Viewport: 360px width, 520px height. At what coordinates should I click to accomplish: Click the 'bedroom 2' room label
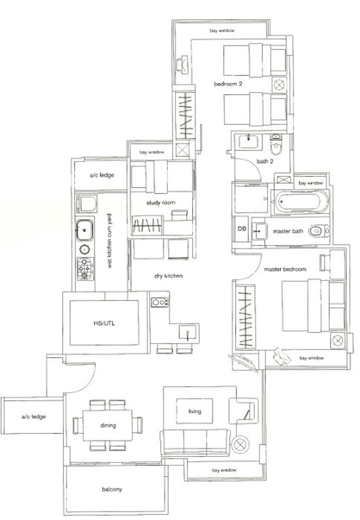click(x=228, y=84)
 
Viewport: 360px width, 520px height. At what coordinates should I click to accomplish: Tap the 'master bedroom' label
click(x=285, y=269)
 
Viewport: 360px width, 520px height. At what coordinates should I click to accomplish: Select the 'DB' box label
click(x=242, y=229)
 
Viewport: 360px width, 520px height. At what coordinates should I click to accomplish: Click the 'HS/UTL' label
click(x=104, y=323)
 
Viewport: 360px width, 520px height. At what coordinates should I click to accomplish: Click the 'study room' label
click(x=161, y=203)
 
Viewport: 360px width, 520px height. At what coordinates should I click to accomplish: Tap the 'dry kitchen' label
click(x=168, y=276)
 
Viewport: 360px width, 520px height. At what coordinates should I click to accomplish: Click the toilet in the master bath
click(x=318, y=231)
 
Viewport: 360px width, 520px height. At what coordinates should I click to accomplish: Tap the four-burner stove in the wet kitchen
click(x=85, y=269)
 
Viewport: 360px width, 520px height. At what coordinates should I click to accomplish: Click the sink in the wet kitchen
click(x=85, y=230)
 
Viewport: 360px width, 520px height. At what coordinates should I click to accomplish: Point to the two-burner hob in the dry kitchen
click(x=160, y=303)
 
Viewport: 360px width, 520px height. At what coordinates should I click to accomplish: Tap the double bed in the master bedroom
click(x=313, y=306)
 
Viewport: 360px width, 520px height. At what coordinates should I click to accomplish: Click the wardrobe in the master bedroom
click(x=246, y=317)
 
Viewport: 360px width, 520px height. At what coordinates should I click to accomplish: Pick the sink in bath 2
click(x=248, y=141)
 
